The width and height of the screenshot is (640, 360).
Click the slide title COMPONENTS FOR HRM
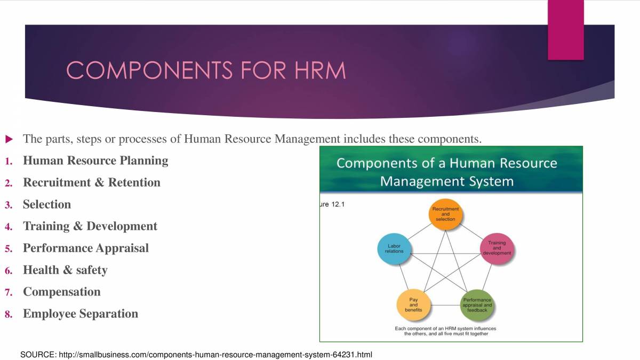click(x=206, y=70)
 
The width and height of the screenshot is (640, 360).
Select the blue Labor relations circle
click(x=394, y=249)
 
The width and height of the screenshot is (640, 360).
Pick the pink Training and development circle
click(x=497, y=249)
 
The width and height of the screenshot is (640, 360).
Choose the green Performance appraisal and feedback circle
click(x=477, y=305)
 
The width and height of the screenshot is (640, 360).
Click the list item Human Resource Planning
click(x=95, y=161)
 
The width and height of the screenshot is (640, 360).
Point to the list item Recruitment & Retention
click(x=92, y=182)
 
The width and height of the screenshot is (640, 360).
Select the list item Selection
click(x=47, y=204)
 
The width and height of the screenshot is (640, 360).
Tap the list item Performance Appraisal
click(x=86, y=248)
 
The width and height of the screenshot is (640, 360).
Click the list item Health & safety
click(x=65, y=270)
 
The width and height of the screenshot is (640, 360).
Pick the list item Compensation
click(x=62, y=292)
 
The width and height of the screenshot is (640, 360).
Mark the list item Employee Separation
click(x=81, y=314)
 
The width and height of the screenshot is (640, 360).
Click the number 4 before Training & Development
click(x=9, y=227)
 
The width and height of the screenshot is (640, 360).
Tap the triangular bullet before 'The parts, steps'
click(x=9, y=139)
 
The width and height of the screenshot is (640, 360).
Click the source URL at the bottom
click(x=196, y=355)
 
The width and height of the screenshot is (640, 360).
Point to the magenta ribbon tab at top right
click(x=566, y=29)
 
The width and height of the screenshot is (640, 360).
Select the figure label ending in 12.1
click(x=332, y=204)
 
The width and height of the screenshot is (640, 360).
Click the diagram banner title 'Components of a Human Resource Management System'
click(x=447, y=172)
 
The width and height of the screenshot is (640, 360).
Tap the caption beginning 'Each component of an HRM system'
click(x=446, y=331)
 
